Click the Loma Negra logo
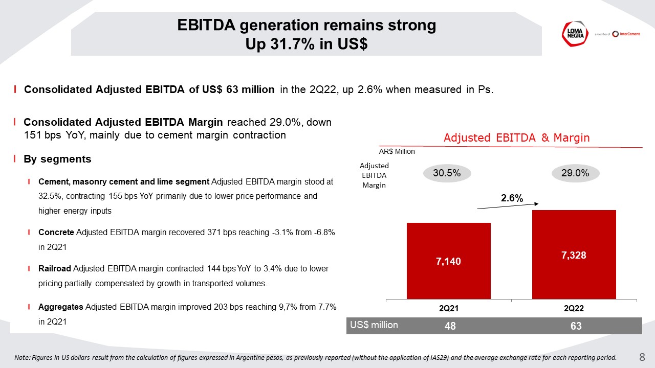[573, 34]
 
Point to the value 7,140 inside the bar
[448, 261]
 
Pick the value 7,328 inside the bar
[574, 255]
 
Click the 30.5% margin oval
[447, 173]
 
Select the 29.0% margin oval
[575, 173]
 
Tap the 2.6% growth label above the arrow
[512, 199]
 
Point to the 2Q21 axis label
[448, 308]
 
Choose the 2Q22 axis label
[574, 308]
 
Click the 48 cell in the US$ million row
[450, 326]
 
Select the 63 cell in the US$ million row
[576, 326]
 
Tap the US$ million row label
[374, 325]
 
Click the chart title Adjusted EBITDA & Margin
[516, 137]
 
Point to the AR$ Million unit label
[397, 151]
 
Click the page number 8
[642, 357]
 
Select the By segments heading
[57, 159]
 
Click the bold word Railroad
[55, 268]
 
